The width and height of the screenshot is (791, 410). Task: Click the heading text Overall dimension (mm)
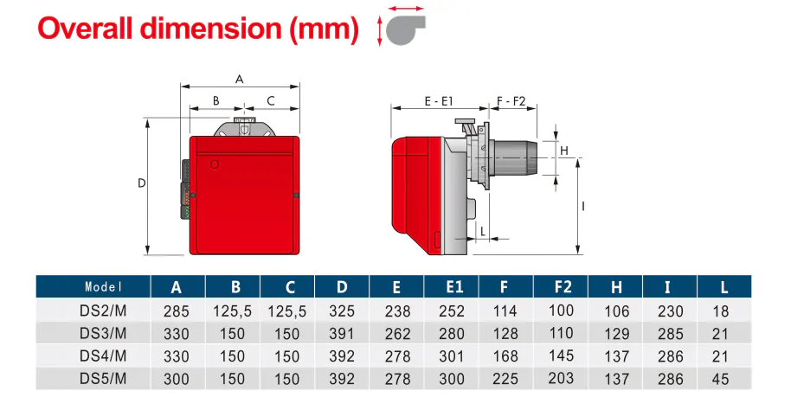pyautogui.click(x=197, y=28)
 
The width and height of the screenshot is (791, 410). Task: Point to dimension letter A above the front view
pyautogui.click(x=240, y=79)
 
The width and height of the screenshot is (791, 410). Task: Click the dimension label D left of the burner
pyautogui.click(x=142, y=183)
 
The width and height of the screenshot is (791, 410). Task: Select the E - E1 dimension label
pyautogui.click(x=440, y=101)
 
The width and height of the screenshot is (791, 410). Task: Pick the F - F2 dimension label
pyautogui.click(x=511, y=101)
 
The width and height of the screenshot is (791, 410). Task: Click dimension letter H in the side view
pyautogui.click(x=564, y=151)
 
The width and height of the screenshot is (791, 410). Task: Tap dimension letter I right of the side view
pyautogui.click(x=584, y=206)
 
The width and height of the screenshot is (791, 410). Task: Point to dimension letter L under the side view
pyautogui.click(x=482, y=231)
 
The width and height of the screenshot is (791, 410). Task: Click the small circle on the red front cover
pyautogui.click(x=215, y=163)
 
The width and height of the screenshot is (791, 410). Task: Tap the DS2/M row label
pyautogui.click(x=103, y=311)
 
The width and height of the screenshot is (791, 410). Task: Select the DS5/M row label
pyautogui.click(x=103, y=378)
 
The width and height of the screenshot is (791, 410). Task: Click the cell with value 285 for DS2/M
pyautogui.click(x=176, y=311)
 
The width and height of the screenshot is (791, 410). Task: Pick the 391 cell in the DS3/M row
pyautogui.click(x=342, y=333)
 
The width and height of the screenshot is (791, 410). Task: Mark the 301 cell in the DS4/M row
pyautogui.click(x=453, y=356)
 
